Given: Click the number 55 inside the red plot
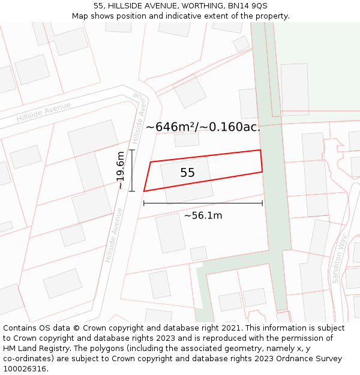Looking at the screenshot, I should click(187, 173).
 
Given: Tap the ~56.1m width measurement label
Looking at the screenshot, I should click(203, 215).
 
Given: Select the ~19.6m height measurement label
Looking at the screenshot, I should click(121, 170).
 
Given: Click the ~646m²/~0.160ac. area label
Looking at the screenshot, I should click(203, 127).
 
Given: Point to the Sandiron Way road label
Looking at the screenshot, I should click(340, 259).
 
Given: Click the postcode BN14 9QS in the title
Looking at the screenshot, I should click(247, 5).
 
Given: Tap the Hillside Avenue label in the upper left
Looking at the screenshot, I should click(43, 112).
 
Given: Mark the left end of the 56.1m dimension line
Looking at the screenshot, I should click(144, 203).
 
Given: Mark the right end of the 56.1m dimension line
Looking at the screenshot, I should click(262, 203).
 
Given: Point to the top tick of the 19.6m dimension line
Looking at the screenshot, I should click(131, 150).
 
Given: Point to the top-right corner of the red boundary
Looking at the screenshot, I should click(260, 150).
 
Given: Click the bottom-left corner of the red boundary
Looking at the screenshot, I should click(144, 191).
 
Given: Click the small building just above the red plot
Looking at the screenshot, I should click(187, 140).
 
